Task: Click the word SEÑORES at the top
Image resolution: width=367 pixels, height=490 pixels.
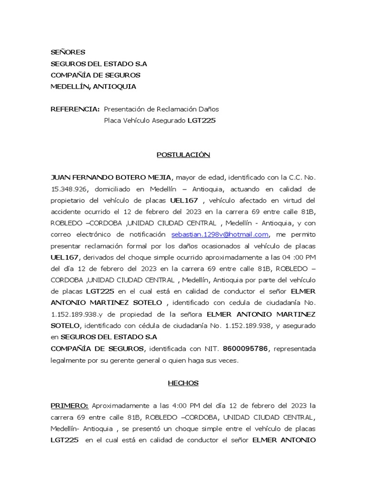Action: [68, 52]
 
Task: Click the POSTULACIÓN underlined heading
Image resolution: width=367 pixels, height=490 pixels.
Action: [183, 155]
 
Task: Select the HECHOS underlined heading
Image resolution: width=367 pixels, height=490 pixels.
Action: [183, 383]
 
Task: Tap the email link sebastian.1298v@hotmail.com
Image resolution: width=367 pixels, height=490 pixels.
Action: [220, 234]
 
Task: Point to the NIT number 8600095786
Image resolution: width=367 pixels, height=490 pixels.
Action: [246, 349]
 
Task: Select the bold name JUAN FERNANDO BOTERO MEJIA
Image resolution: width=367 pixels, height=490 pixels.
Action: [110, 178]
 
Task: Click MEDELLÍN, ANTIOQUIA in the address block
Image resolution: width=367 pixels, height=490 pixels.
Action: [93, 87]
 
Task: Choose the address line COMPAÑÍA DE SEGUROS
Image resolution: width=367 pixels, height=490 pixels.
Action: [96, 75]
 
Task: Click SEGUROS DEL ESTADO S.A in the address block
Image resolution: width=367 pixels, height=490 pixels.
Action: [99, 64]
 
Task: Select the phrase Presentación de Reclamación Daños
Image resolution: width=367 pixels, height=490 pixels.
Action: [161, 109]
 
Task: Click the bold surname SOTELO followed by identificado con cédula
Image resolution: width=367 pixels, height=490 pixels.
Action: [66, 326]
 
